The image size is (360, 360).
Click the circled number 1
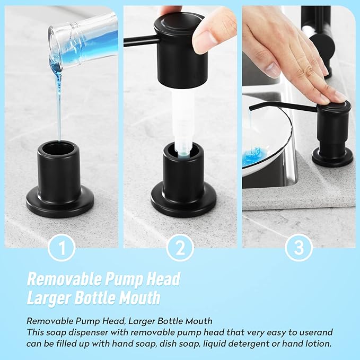pyautogui.click(x=62, y=248)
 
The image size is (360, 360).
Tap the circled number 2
pyautogui.click(x=180, y=248)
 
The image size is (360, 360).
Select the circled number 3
pyautogui.click(x=299, y=248)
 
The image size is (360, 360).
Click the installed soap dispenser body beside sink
pyautogui.click(x=333, y=133)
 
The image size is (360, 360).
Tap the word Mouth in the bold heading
pyautogui.click(x=139, y=297)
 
